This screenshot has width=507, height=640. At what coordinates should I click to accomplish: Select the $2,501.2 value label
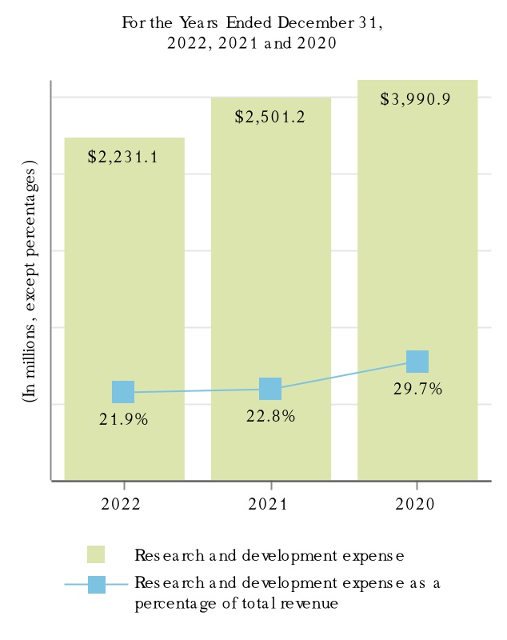click(270, 117)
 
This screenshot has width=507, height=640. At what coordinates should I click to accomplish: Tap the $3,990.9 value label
click(417, 100)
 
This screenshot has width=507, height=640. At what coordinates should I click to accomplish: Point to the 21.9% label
click(123, 418)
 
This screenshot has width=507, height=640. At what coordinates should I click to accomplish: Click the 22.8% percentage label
click(270, 415)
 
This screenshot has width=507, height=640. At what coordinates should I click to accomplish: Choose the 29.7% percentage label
click(417, 390)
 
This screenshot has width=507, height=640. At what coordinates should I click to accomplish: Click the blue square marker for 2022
click(123, 392)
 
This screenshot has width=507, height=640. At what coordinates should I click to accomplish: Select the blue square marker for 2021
click(270, 389)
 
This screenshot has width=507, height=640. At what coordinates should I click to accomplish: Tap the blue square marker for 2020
click(417, 362)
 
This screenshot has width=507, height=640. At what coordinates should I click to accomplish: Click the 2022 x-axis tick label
click(123, 504)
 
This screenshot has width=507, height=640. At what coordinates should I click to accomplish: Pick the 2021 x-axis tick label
click(270, 504)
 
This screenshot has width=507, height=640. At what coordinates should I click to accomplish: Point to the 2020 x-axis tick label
click(417, 504)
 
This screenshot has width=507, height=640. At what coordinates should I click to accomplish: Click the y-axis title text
click(30, 281)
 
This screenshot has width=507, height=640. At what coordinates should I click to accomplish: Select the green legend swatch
click(96, 554)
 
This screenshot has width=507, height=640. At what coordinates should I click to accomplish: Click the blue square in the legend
click(96, 584)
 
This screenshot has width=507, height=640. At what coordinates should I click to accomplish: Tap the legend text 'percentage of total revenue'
click(236, 604)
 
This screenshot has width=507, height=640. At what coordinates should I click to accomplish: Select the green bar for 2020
click(417, 240)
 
